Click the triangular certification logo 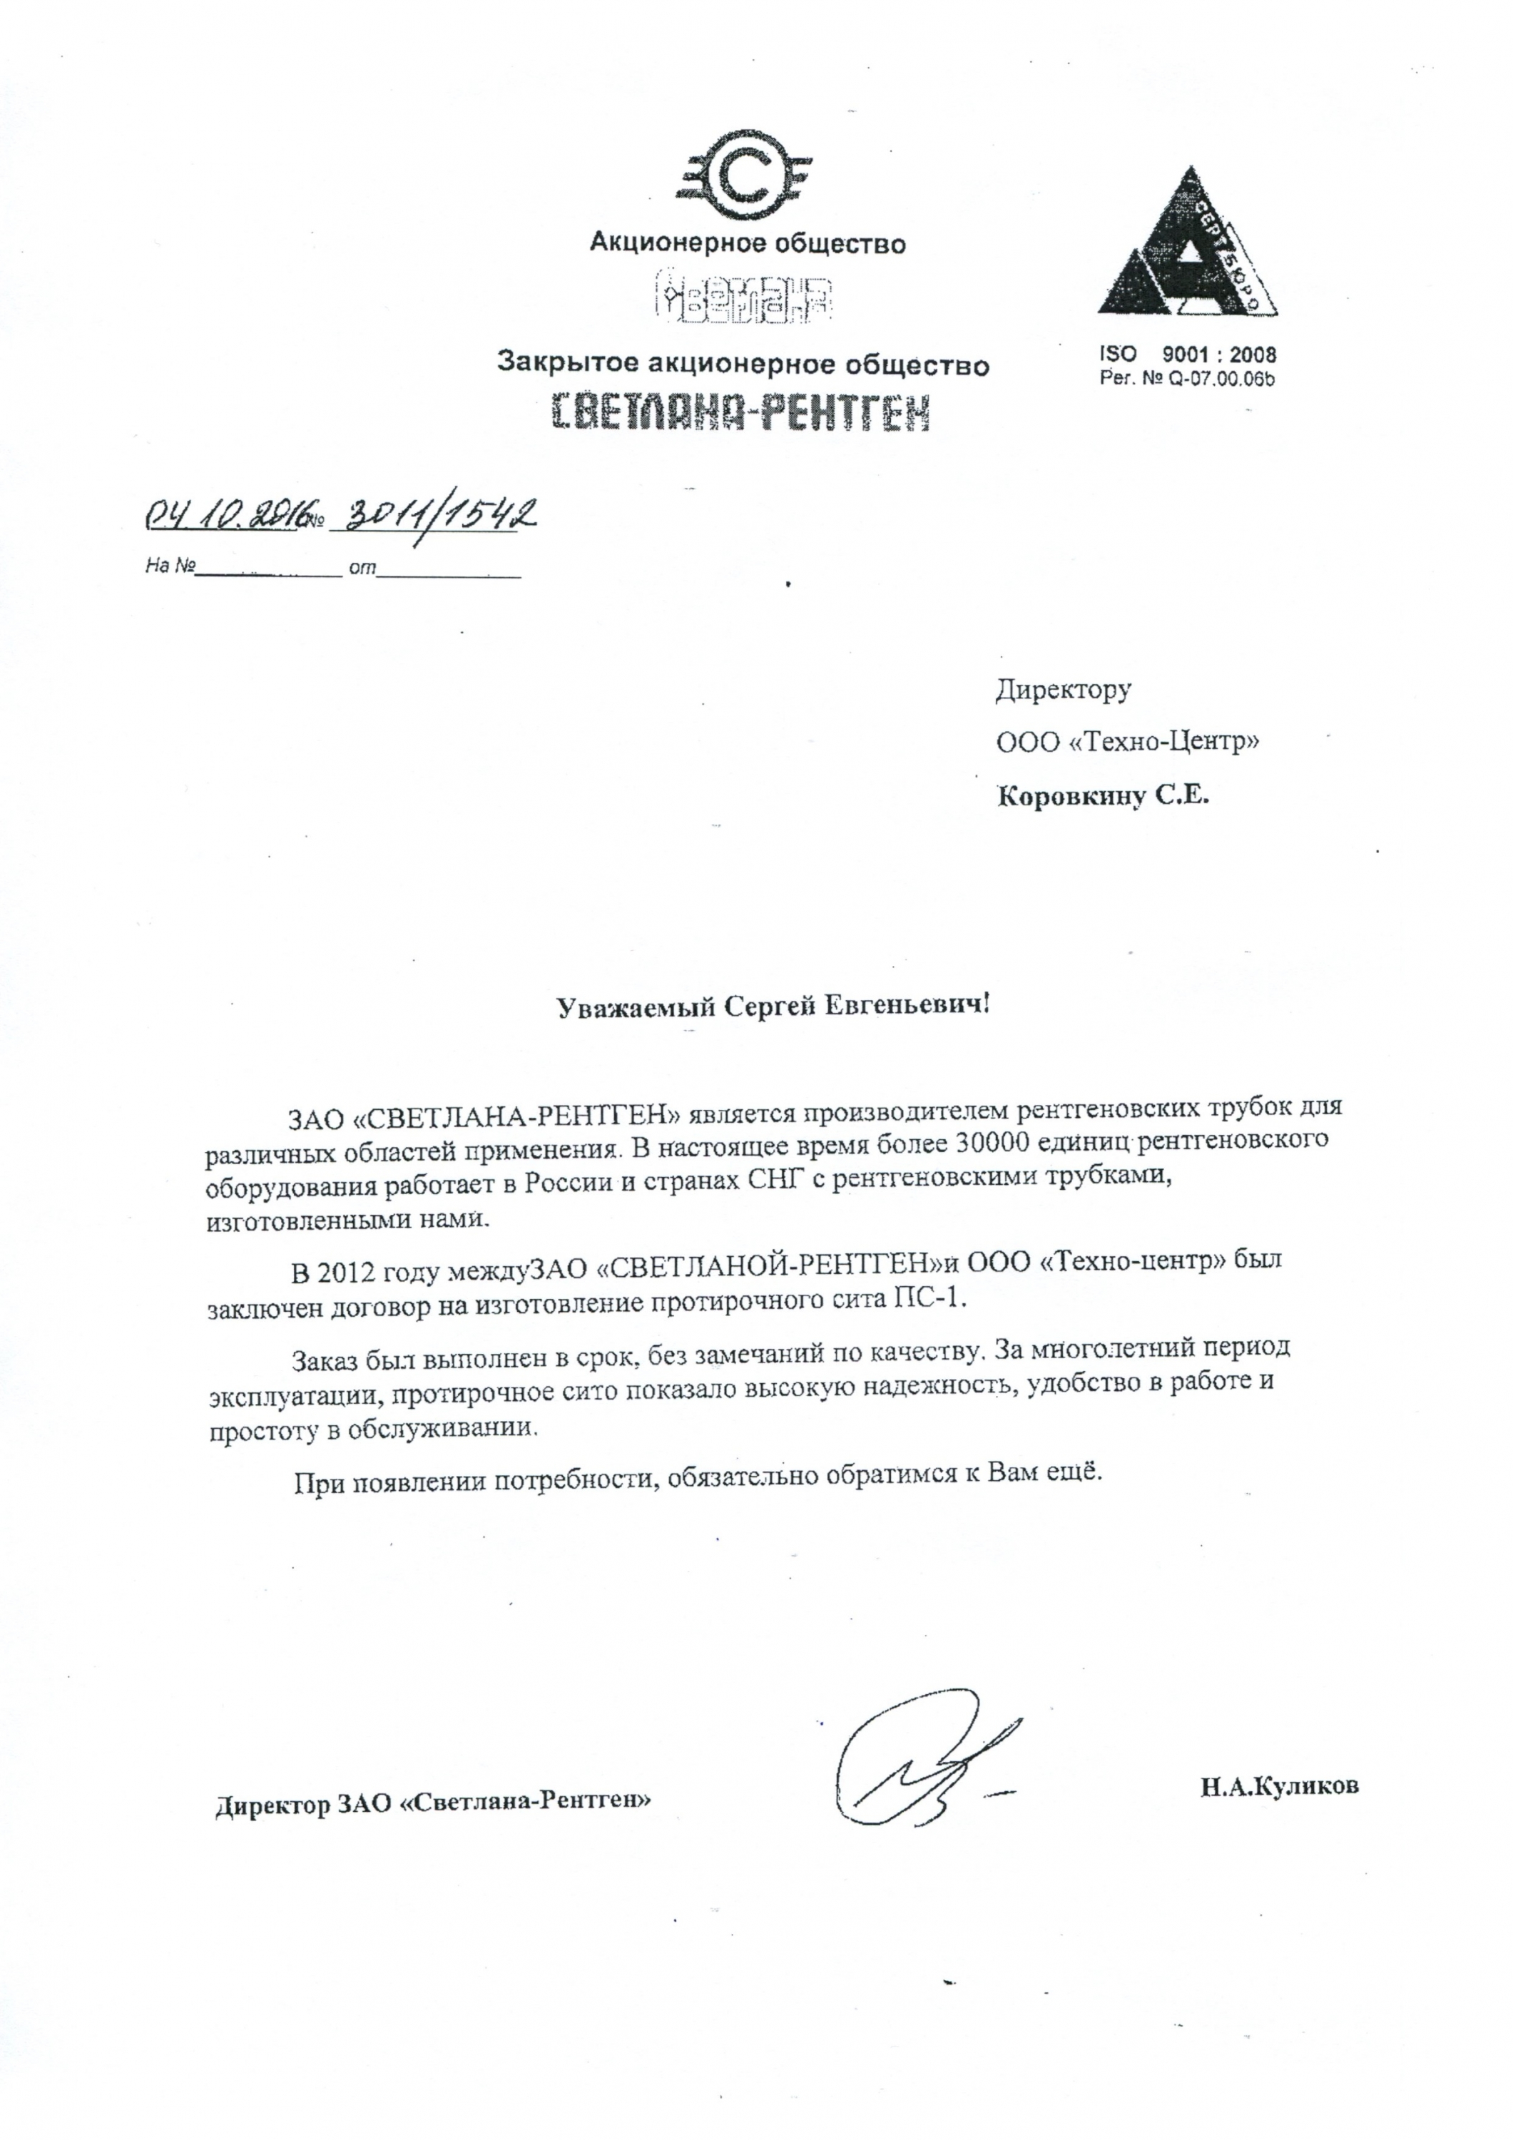(x=1186, y=246)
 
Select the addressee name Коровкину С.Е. (x=1102, y=797)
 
